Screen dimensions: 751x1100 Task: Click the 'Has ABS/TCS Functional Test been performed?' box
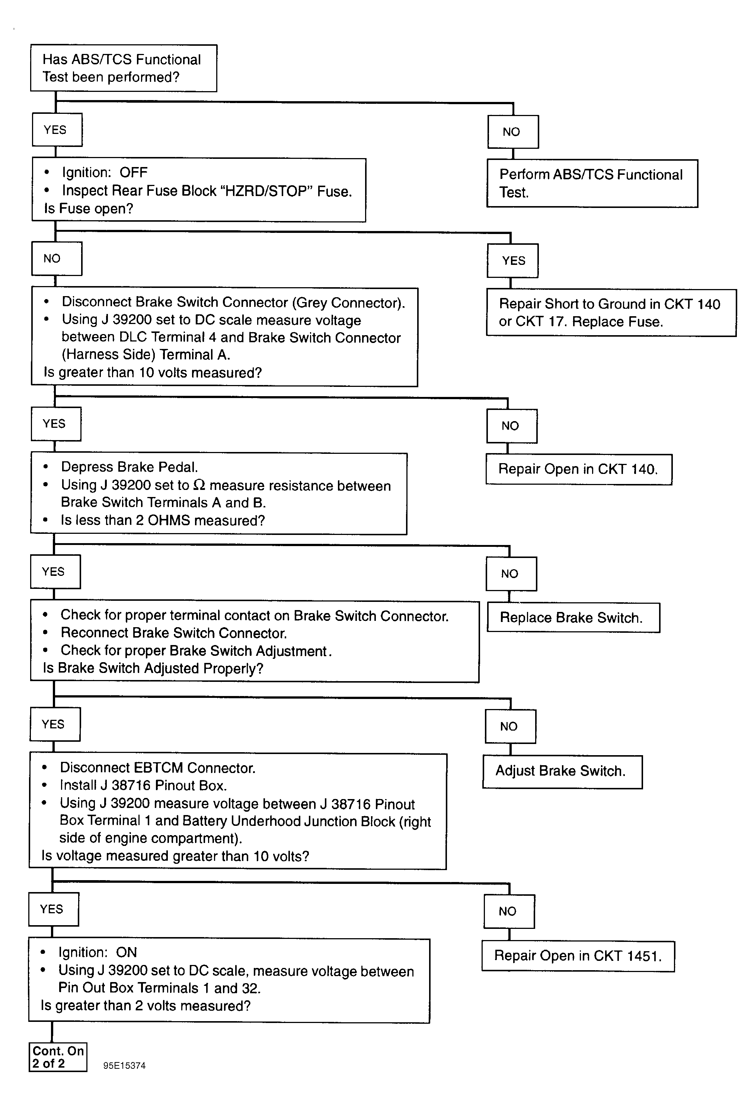pyautogui.click(x=124, y=68)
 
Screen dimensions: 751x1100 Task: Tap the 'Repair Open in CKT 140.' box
pyautogui.click(x=579, y=469)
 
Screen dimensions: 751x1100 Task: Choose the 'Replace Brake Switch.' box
pyautogui.click(x=573, y=617)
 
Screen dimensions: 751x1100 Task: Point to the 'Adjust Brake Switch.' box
pyautogui.click(x=563, y=771)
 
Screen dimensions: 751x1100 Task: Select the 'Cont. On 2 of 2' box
pyautogui.click(x=58, y=1057)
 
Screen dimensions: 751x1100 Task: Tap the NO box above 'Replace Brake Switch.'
pyautogui.click(x=511, y=574)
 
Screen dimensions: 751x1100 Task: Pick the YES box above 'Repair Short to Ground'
pyautogui.click(x=513, y=260)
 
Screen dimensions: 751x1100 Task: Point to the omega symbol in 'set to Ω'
pyautogui.click(x=199, y=485)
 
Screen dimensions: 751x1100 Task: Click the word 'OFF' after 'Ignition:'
pyautogui.click(x=134, y=172)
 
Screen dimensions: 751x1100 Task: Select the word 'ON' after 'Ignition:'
pyautogui.click(x=127, y=952)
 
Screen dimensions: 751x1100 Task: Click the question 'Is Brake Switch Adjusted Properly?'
pyautogui.click(x=153, y=668)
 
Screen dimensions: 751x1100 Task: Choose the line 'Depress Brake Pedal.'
pyautogui.click(x=129, y=467)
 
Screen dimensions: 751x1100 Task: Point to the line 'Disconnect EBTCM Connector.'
pyautogui.click(x=158, y=768)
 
